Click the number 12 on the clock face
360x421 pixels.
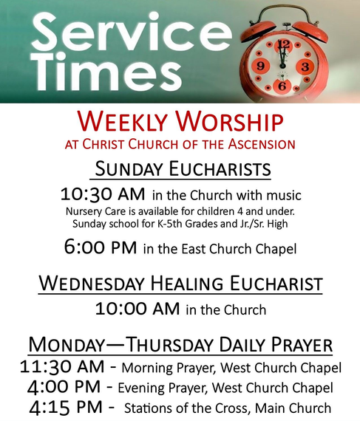pos(284,45)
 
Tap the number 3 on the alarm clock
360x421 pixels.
pos(305,66)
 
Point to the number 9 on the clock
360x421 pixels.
pos(260,66)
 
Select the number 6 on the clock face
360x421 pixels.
pos(282,86)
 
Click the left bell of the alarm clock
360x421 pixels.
pos(257,30)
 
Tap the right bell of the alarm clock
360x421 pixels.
pos(311,31)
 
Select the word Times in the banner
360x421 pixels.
pos(108,72)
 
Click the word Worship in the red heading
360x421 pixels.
pos(229,121)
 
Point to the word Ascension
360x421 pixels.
pos(262,144)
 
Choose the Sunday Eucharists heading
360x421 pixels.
pos(183,169)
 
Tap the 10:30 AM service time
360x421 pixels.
pos(103,194)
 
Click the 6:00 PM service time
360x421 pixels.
pos(101,247)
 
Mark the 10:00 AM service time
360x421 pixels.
pos(137,309)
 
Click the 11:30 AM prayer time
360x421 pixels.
pos(62,367)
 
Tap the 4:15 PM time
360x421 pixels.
pos(66,408)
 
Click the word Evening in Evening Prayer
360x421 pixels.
pos(141,389)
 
